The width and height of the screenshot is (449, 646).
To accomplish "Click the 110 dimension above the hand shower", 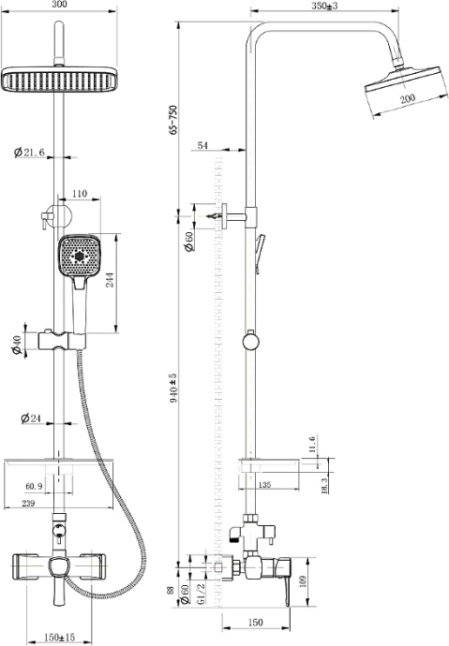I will point(79,194).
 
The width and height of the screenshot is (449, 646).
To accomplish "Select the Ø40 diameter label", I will point(17,345).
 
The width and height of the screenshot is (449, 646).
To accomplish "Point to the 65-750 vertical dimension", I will point(172,119).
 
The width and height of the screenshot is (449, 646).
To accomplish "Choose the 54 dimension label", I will point(204,146).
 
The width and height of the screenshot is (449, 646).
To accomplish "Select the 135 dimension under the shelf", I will point(265,485).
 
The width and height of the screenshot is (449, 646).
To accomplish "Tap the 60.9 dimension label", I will point(34,486).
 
